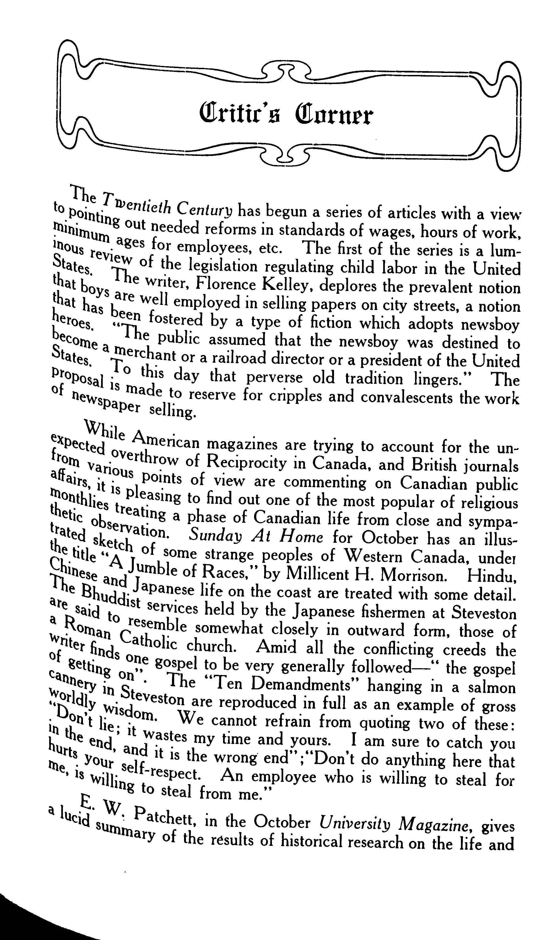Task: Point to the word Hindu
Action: (x=492, y=575)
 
